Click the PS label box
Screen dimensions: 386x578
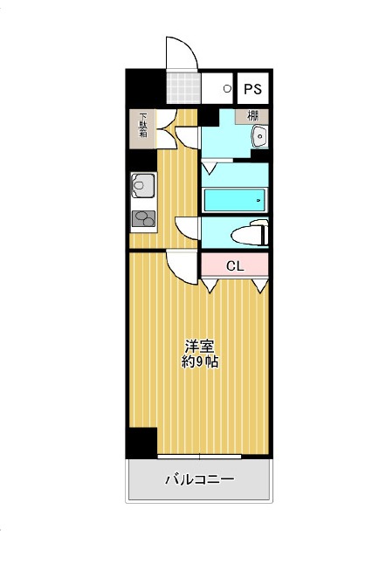pos(252,88)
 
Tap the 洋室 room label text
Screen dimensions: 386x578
pos(199,347)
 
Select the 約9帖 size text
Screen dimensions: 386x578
pos(200,362)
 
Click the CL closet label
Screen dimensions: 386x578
pos(235,265)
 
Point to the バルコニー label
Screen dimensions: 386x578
pos(199,479)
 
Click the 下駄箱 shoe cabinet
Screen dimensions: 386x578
pos(142,129)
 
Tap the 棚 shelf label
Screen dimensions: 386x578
pos(252,116)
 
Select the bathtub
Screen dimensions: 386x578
pos(234,200)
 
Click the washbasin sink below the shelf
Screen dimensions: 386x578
pos(260,136)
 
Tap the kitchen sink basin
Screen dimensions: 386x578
pos(143,185)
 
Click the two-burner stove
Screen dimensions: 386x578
pos(143,218)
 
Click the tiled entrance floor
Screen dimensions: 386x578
pos(183,88)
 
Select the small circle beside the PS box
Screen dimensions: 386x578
pos(227,88)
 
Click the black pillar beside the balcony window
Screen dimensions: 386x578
pos(141,443)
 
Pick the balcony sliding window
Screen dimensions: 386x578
pos(199,457)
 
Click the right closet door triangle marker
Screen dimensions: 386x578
pos(260,286)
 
